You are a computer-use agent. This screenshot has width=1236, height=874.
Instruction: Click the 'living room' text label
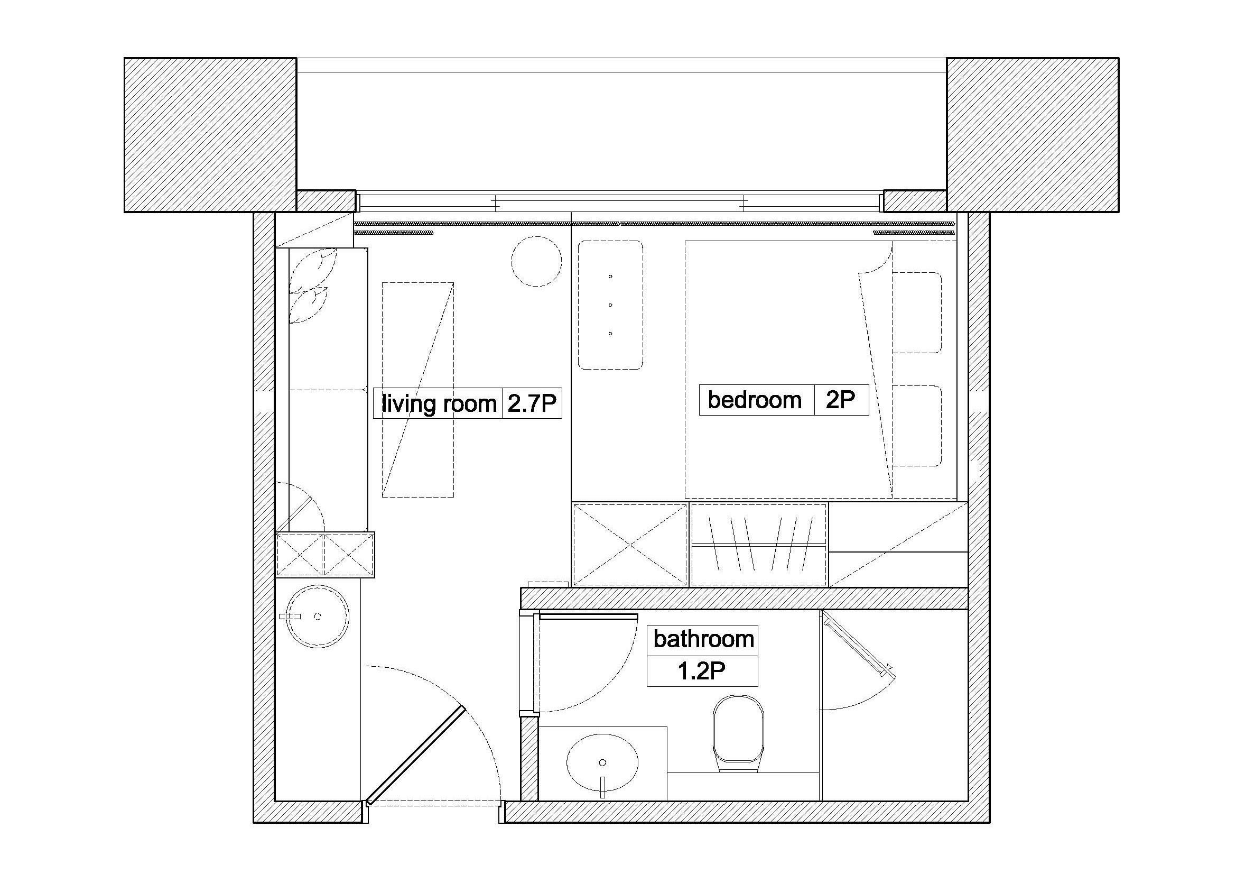click(x=439, y=403)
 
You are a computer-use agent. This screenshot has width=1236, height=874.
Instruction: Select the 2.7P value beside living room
click(x=532, y=403)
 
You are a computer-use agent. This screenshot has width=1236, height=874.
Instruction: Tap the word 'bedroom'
click(x=755, y=400)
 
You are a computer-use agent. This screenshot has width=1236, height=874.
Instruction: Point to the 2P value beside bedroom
click(x=840, y=400)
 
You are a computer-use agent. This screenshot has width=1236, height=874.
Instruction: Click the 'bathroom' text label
click(x=703, y=639)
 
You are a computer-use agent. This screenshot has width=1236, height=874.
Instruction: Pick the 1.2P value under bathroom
click(x=701, y=671)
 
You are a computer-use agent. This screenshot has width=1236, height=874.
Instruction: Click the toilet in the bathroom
click(x=739, y=733)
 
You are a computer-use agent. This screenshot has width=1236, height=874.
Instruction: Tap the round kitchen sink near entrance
click(x=317, y=617)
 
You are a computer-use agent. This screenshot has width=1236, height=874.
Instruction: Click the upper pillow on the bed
click(x=917, y=312)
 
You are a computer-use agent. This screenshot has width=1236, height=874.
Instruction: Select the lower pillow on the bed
click(x=917, y=426)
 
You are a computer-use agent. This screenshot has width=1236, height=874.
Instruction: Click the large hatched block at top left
click(x=210, y=135)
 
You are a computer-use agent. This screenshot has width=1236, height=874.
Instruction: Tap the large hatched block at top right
click(x=1033, y=135)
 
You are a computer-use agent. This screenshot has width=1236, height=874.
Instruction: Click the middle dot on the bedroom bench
click(x=610, y=305)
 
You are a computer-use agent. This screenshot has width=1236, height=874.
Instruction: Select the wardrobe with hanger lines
click(x=758, y=545)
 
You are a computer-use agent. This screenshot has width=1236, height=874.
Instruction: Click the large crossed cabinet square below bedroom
click(x=630, y=545)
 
